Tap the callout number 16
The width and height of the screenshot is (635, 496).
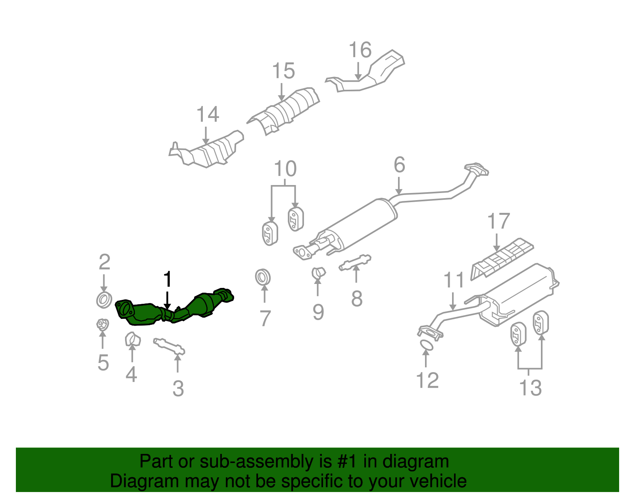360,50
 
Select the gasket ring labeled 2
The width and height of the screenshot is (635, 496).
104,299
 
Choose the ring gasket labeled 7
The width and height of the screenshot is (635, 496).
263,277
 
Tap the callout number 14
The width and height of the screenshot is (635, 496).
208,114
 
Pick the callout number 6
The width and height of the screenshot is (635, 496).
399,165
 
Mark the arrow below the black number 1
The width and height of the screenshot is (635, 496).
167,300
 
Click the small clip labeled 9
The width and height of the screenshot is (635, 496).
318,273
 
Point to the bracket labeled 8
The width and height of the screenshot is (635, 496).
355,262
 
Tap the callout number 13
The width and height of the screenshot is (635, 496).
530,388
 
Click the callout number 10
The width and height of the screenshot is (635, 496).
285,169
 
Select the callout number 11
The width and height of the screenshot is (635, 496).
454,280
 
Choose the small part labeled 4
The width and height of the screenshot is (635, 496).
133,340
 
